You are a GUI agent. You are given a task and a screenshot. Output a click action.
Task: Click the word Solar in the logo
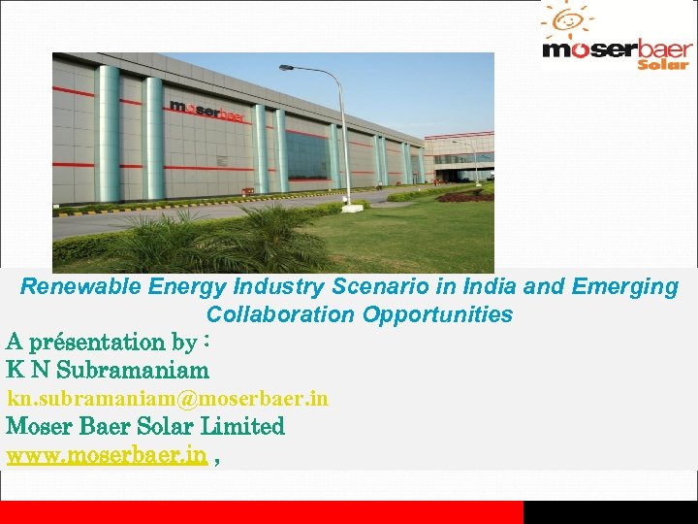click(663, 63)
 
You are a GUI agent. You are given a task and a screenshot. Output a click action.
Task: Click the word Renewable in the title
click(82, 287)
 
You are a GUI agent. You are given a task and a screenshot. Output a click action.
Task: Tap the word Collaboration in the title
click(281, 314)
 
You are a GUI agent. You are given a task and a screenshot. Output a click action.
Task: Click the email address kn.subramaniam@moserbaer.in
click(168, 399)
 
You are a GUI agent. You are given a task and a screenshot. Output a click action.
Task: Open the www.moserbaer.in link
click(107, 455)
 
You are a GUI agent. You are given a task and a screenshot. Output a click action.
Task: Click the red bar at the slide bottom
click(262, 512)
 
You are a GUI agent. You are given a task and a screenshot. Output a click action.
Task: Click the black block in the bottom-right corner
click(611, 512)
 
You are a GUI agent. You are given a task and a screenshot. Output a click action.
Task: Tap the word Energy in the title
click(179, 287)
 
